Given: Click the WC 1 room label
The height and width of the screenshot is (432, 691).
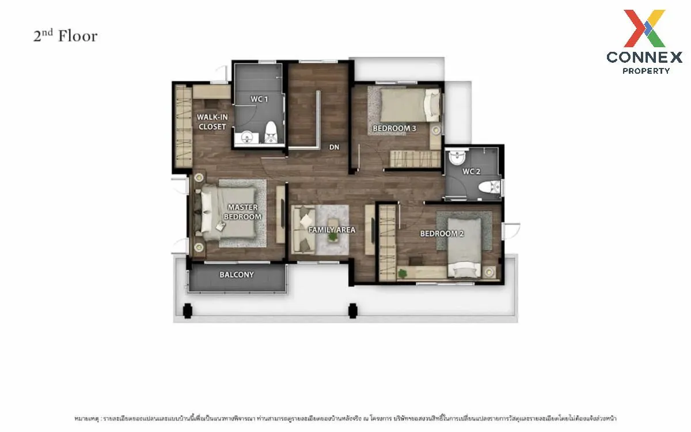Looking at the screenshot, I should [x=259, y=99].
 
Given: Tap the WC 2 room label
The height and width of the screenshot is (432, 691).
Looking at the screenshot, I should [x=471, y=172].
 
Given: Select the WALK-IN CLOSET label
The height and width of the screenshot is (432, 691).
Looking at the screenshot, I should [x=212, y=122].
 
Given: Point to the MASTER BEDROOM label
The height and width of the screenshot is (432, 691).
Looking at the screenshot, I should [x=242, y=212].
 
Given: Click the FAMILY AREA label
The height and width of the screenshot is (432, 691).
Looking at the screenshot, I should [x=332, y=230].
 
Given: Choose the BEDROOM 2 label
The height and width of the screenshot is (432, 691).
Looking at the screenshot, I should [x=442, y=233].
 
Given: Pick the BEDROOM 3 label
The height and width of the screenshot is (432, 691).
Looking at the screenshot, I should [x=394, y=128].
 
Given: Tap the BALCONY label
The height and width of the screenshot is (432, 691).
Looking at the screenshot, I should [x=237, y=275].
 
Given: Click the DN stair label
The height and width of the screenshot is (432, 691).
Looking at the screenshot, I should [x=334, y=147].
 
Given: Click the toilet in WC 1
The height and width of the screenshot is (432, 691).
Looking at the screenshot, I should [x=271, y=133].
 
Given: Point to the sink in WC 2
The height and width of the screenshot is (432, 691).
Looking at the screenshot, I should [x=458, y=156].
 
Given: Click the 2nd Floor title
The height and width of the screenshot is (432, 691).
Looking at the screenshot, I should [x=65, y=36].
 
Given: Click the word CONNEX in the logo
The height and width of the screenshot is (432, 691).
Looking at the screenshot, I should [x=644, y=56].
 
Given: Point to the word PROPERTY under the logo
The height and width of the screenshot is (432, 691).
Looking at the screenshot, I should [x=646, y=71].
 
